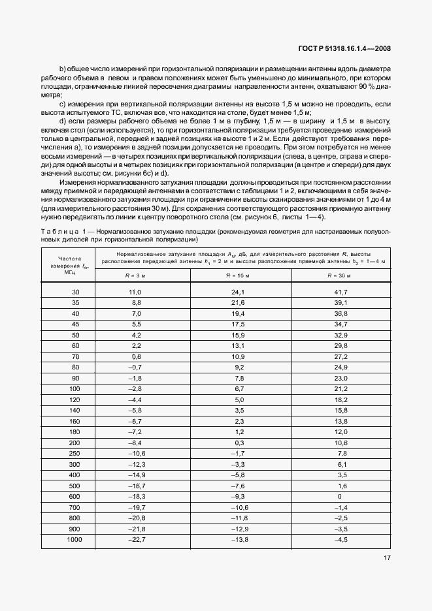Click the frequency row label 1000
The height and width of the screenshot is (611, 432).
coord(75,539)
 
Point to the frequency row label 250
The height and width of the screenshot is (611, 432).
coord(75,453)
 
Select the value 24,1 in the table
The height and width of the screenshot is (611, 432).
coord(238,292)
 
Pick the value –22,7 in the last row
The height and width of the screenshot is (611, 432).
coord(135,539)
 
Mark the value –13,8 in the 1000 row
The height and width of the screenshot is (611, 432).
coord(238,539)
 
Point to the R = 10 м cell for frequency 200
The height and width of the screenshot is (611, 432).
coord(238,442)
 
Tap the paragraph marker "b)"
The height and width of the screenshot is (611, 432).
coord(63,69)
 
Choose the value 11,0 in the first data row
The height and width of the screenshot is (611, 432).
coord(135,292)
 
